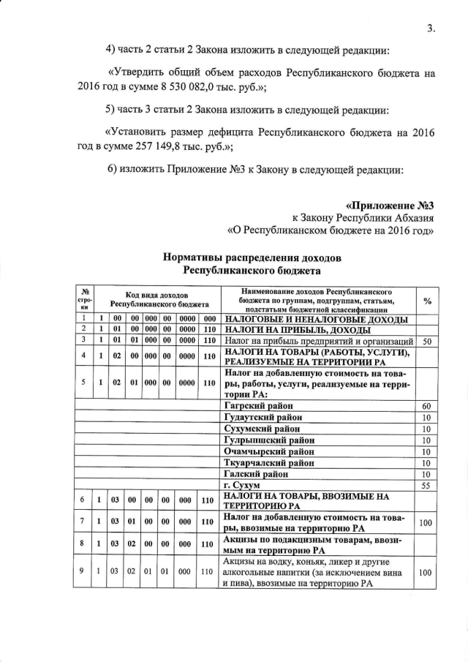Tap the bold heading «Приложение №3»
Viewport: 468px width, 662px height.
pyautogui.click(x=395, y=204)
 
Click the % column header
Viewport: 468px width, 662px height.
pyautogui.click(x=426, y=301)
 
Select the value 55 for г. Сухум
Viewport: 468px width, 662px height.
pyautogui.click(x=426, y=486)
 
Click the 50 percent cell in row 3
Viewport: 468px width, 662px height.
pyautogui.click(x=426, y=342)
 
